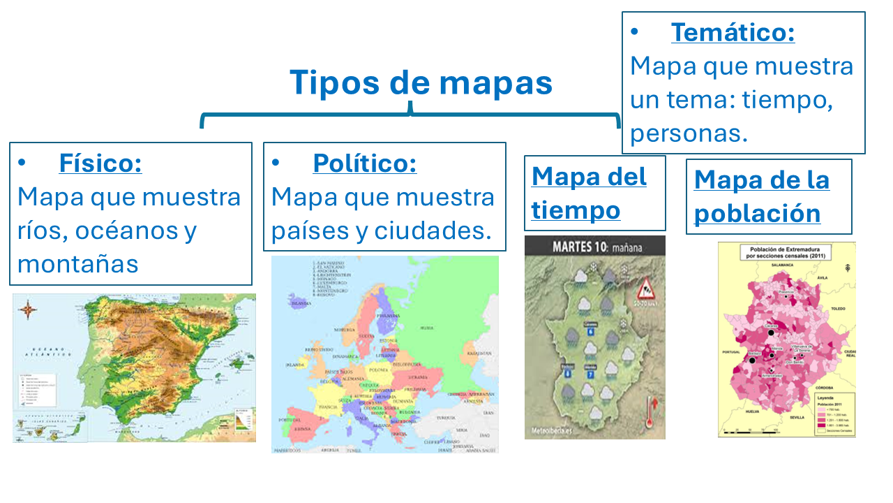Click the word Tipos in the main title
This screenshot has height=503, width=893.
pos(333,82)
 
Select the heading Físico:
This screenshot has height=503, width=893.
pos(100,163)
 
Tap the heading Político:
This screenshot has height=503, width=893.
pos(364,163)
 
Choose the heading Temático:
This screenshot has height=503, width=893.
pos(733,33)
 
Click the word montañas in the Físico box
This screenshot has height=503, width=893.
pos(78,264)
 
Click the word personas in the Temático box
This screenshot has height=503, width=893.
pos(689,133)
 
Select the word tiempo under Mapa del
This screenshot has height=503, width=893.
pos(576,210)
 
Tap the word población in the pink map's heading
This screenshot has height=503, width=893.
pos(757,214)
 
